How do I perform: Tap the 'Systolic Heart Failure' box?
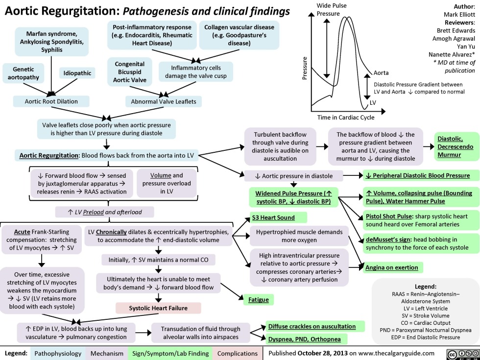click(x=158, y=308)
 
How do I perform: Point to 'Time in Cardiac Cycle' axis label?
click(x=345, y=117)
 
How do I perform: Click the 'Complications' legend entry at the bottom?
click(x=237, y=353)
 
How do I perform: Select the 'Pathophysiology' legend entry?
click(x=56, y=353)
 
